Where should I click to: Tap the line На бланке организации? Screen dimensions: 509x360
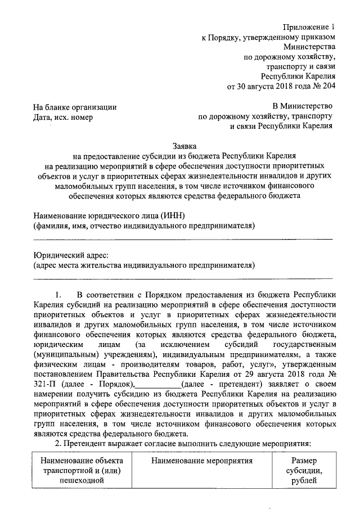75,106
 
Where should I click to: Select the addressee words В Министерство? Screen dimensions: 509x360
303,106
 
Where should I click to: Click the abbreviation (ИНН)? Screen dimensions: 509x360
172,215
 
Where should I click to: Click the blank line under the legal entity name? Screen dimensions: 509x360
183,238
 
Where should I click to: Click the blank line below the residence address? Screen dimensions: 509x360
183,277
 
